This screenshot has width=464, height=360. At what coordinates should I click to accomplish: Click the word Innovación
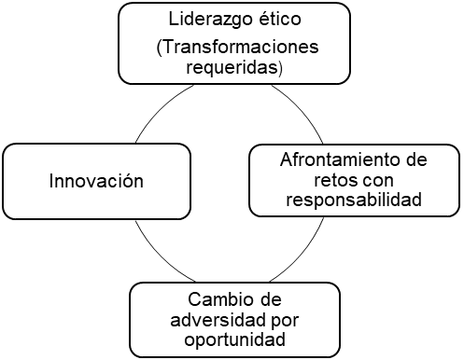(96, 180)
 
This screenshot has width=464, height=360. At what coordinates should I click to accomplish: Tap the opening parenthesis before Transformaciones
(162, 48)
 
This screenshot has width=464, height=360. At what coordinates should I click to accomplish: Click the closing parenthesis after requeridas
(284, 68)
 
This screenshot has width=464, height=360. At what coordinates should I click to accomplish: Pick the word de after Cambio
(270, 300)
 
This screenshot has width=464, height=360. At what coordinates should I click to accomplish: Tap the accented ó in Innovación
(127, 179)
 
